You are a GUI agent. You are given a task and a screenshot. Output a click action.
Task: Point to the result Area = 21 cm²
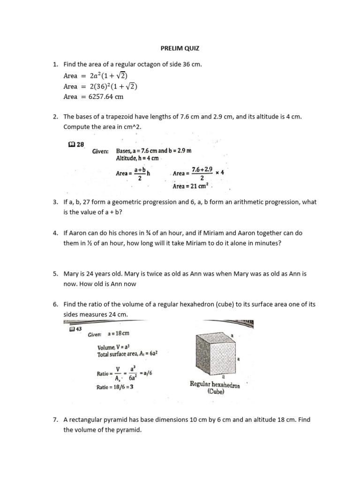192,186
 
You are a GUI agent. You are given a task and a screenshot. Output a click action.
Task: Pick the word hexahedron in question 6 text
186,304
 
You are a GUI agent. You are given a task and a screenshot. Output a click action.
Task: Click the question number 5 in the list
55,273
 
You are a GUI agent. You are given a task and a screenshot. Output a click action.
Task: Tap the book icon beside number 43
71,329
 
